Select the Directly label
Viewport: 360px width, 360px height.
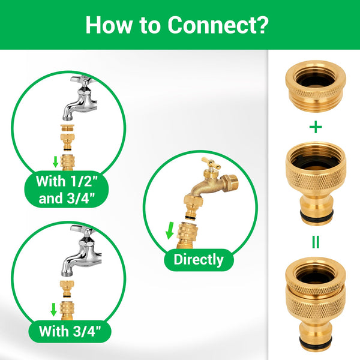pyautogui.click(x=198, y=260)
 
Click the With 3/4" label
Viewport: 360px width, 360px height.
pyautogui.click(x=69, y=331)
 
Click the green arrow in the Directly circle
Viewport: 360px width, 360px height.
pyautogui.click(x=170, y=230)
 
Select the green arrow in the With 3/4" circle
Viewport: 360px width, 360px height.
pyautogui.click(x=54, y=310)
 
